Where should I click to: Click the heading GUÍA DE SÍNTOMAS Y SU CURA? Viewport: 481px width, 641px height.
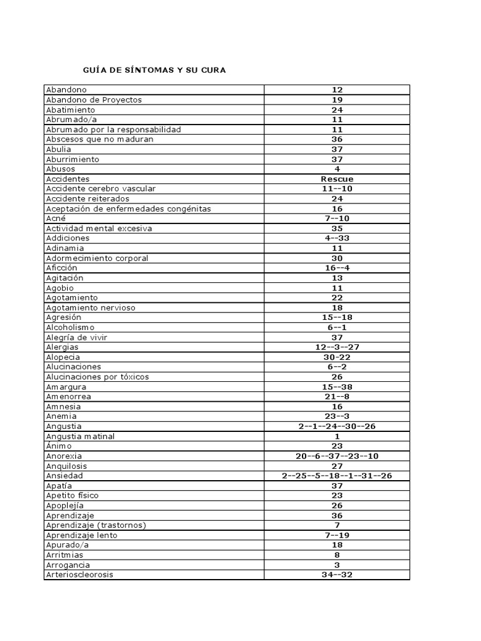click(155, 70)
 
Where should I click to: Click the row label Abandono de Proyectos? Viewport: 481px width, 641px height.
click(94, 100)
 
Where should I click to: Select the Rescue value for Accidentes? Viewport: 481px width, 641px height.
click(337, 179)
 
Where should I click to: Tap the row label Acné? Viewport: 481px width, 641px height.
click(56, 218)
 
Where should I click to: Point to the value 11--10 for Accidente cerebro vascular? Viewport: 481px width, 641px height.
click(337, 188)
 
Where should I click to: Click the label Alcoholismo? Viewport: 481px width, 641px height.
click(70, 327)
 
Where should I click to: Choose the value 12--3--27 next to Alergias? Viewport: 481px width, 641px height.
click(337, 347)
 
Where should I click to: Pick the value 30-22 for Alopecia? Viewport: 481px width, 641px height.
click(337, 357)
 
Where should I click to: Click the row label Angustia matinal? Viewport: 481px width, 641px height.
click(80, 436)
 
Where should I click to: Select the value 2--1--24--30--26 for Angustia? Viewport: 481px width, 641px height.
click(337, 426)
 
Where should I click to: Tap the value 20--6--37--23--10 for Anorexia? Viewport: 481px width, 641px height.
click(337, 456)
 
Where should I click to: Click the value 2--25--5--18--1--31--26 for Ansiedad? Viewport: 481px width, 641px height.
click(337, 476)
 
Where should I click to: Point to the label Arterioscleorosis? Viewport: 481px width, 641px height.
click(80, 575)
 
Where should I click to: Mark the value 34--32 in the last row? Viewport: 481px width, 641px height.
click(337, 575)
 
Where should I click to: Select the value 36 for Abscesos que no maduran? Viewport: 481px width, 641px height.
click(337, 139)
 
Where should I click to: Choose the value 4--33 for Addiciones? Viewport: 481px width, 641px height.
click(337, 238)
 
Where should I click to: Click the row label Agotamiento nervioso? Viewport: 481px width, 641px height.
click(91, 307)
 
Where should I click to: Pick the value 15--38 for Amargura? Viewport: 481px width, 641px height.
click(337, 387)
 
